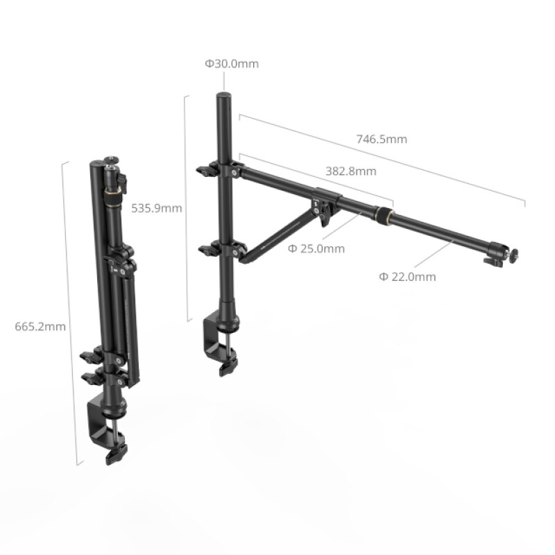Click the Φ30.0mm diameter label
tap(231, 64)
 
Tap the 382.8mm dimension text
tap(350, 171)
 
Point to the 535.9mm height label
tap(157, 207)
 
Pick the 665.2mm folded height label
tap(40, 325)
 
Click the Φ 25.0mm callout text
tap(316, 248)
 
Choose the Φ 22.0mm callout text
tap(407, 276)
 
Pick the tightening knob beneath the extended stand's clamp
tap(226, 368)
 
